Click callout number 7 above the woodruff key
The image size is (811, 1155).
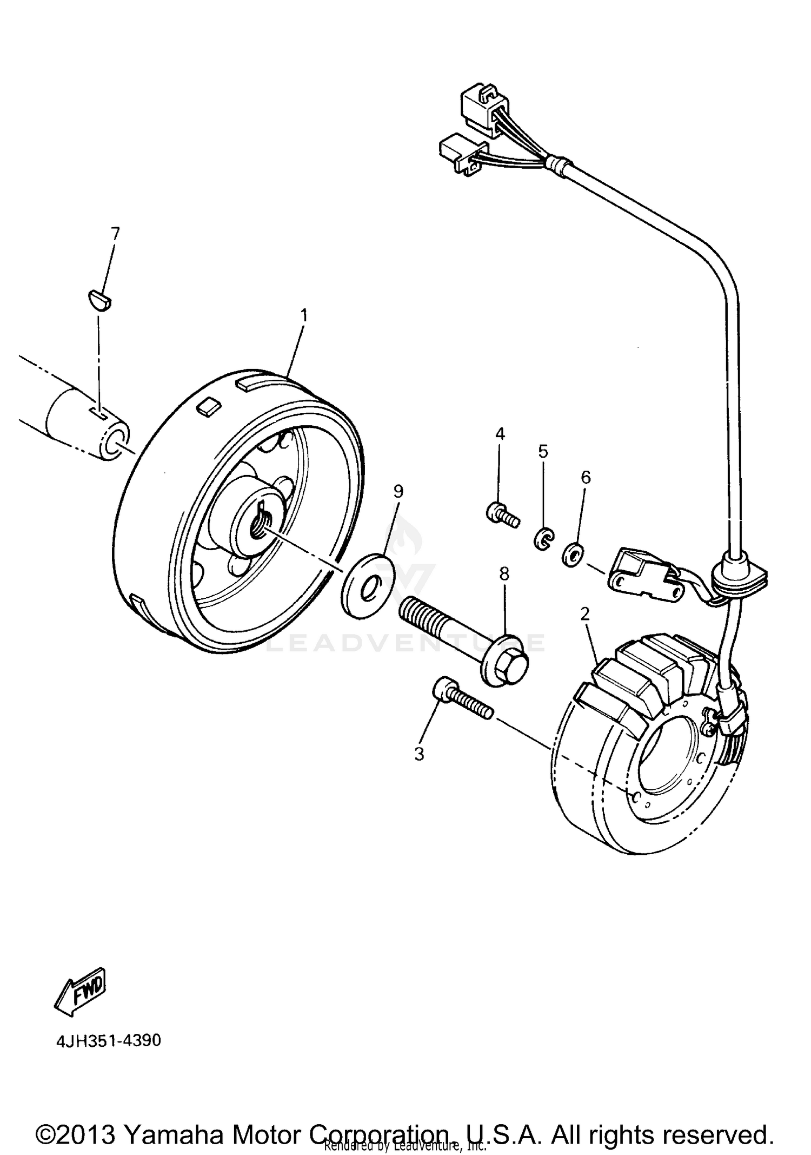click(x=115, y=234)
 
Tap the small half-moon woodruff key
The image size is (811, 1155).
click(x=99, y=300)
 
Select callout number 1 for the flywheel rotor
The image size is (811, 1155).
click(x=304, y=315)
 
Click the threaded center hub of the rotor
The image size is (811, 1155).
click(x=258, y=524)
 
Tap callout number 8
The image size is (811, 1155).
click(x=504, y=573)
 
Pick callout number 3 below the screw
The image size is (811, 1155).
click(x=420, y=754)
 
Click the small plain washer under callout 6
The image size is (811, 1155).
click(x=572, y=555)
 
